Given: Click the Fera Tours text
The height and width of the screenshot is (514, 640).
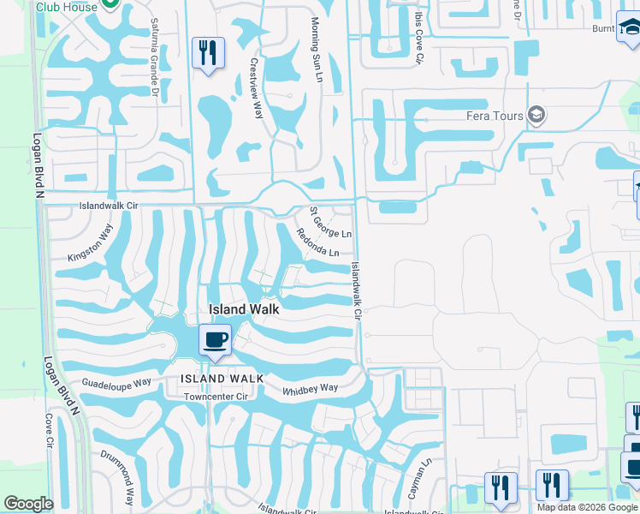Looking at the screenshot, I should tap(495, 116).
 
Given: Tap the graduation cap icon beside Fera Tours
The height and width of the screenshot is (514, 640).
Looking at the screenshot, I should tap(536, 116).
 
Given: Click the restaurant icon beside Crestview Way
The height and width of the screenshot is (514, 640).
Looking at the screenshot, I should tap(208, 53).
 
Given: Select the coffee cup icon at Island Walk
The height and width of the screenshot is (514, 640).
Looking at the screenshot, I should tap(215, 339).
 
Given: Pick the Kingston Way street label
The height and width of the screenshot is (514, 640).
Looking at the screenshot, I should tap(90, 244).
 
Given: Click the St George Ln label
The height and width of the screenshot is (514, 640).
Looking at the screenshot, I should tap(330, 222).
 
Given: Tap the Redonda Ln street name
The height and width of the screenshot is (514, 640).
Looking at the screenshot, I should tap(317, 242).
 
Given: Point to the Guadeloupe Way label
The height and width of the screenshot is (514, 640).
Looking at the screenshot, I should tap(116, 381).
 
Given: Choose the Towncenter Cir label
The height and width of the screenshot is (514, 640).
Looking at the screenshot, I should tap(216, 397).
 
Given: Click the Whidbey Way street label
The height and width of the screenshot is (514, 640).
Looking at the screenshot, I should tap(311, 388).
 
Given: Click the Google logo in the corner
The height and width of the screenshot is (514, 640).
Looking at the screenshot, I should tap(28, 504).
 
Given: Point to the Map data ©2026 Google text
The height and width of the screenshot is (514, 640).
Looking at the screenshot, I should tap(588, 507).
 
